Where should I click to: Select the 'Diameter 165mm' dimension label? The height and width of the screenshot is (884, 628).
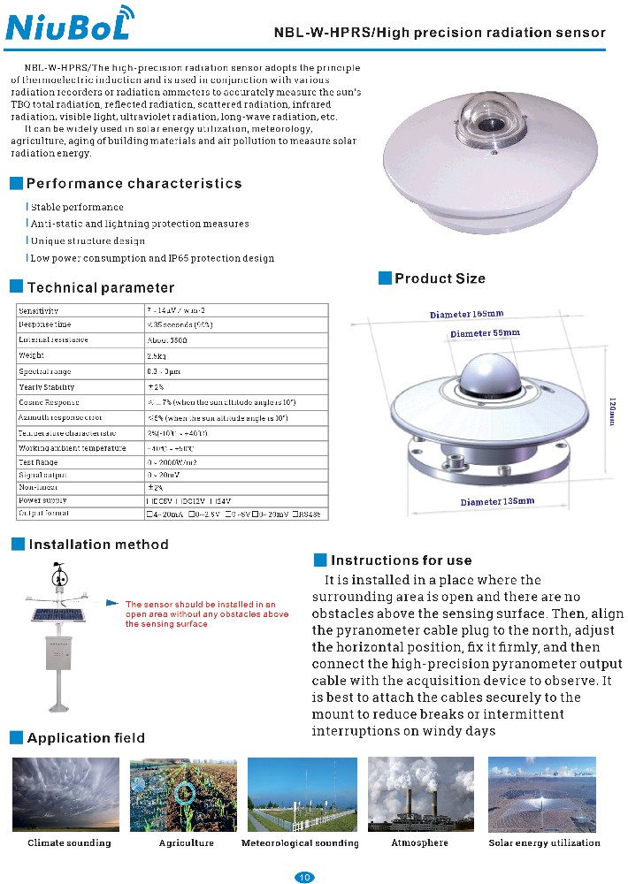tap(466, 314)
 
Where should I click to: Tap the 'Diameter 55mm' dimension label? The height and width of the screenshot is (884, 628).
tap(485, 333)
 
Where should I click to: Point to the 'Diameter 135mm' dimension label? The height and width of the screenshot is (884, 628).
tap(497, 501)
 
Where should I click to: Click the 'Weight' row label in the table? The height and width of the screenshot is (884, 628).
tap(31, 355)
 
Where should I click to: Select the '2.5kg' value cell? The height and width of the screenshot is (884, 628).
tap(157, 355)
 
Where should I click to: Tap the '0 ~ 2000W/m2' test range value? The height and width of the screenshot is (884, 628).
tap(173, 461)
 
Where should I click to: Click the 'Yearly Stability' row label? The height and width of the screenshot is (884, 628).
tap(47, 387)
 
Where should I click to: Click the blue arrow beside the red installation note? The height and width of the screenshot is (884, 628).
tap(112, 603)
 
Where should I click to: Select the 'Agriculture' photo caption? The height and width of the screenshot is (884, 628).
tap(186, 842)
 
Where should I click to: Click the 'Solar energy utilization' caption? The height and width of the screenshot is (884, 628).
tap(544, 842)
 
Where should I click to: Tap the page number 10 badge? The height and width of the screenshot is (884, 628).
tap(303, 877)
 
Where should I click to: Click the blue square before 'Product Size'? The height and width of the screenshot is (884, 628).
tap(385, 278)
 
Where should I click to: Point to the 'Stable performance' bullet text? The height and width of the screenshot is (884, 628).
tap(77, 207)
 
